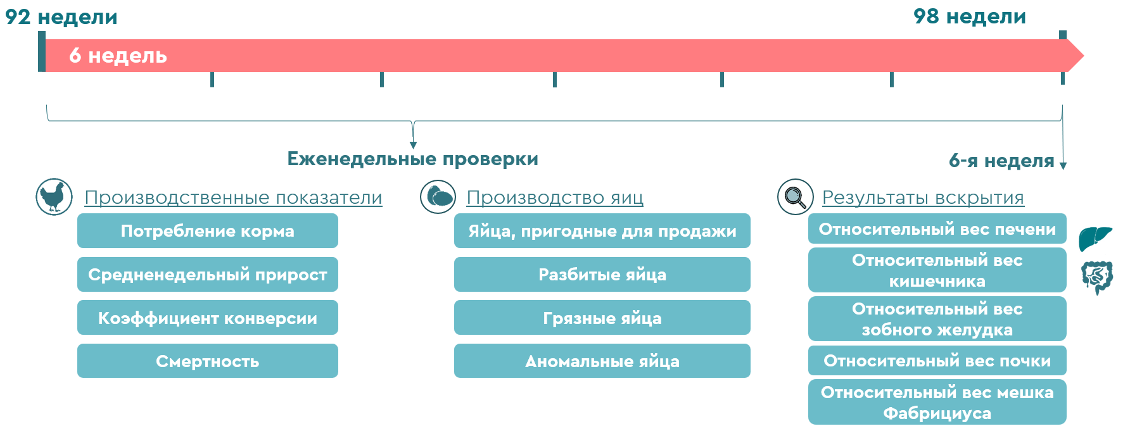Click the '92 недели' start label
coord(61,16)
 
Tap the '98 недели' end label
coord(970,16)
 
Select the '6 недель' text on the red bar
coord(118,56)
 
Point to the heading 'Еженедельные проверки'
coord(412,159)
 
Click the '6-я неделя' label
coord(1001,161)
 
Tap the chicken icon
coord(54,197)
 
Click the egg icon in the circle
coord(438,197)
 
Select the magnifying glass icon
coord(796,197)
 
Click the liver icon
coord(1096,239)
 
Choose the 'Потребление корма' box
coord(208,231)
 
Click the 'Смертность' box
coord(208,361)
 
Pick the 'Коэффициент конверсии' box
coord(208,318)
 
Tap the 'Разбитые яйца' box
coord(602,275)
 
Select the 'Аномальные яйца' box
coord(602,361)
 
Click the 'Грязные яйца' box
coord(602,318)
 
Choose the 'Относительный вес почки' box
coord(937,361)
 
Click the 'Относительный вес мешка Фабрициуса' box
coord(937,402)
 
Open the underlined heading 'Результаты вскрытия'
coord(923,197)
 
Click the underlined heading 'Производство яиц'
coord(555,197)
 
